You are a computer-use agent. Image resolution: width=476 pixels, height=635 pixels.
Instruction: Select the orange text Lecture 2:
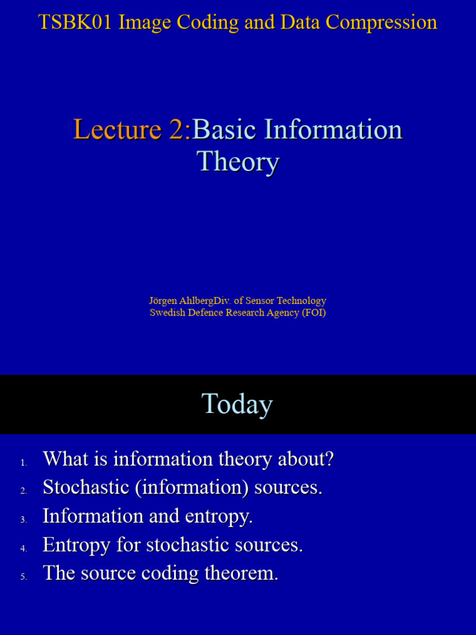coord(132,130)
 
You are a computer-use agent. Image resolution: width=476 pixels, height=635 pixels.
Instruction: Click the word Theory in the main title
coord(238,162)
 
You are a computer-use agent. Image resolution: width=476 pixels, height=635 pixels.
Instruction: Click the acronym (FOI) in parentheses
coord(314,313)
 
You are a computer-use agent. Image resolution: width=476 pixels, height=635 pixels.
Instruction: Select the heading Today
coord(237,404)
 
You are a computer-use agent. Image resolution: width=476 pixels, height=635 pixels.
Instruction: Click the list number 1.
coord(24,463)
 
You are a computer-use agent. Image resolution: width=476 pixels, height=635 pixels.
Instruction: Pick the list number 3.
coord(24,520)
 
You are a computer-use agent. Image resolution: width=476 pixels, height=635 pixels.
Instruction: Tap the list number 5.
coord(24,577)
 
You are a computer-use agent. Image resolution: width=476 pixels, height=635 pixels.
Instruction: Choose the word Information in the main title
coord(333,130)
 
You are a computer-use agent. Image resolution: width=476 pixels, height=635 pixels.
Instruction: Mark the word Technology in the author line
coord(300,301)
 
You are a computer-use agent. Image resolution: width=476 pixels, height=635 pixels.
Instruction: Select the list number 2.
coord(24,491)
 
